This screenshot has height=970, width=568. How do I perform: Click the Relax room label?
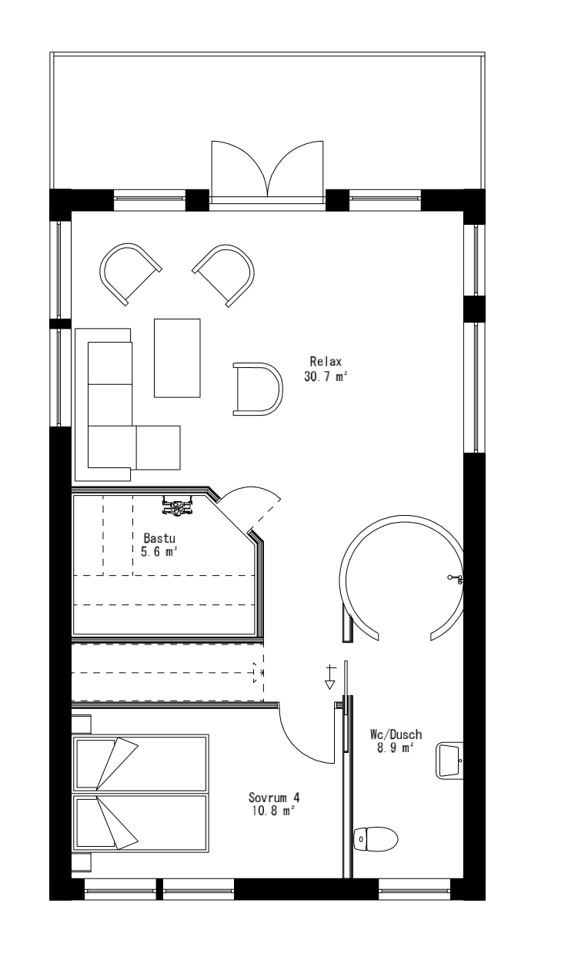326,360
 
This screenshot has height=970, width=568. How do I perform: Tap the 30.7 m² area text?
326,376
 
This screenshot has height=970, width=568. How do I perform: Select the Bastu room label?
160,537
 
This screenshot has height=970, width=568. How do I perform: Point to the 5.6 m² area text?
160,551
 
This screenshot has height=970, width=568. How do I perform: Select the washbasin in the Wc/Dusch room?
450,761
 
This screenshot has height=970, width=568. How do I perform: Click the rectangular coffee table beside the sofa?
177,357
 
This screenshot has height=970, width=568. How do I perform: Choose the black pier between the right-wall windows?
474,309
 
